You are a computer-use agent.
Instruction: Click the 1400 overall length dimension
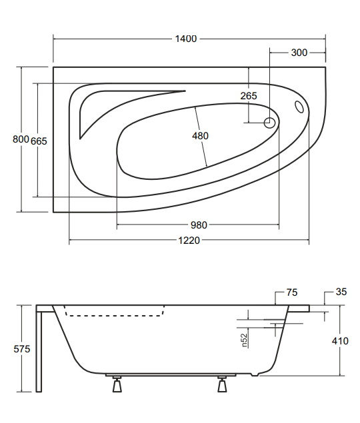[186, 39]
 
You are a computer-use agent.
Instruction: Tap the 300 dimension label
[299, 53]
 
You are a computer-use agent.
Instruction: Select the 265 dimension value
[248, 96]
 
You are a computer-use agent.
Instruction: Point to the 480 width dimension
[200, 136]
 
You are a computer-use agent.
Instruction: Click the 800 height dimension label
[21, 139]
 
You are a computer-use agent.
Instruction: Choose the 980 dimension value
[198, 224]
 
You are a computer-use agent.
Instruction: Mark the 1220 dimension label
[189, 240]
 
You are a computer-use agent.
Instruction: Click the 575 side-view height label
[21, 349]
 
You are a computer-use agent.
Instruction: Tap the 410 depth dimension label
[340, 341]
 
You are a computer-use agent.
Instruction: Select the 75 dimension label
[292, 292]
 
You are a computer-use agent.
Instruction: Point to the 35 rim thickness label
[341, 292]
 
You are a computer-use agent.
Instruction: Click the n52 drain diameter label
[245, 340]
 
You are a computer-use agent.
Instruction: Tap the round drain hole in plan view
[270, 123]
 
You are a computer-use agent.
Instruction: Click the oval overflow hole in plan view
[299, 107]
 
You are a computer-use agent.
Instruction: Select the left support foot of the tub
[117, 384]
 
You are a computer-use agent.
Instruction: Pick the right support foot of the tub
[222, 384]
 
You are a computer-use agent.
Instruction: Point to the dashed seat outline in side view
[116, 314]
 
